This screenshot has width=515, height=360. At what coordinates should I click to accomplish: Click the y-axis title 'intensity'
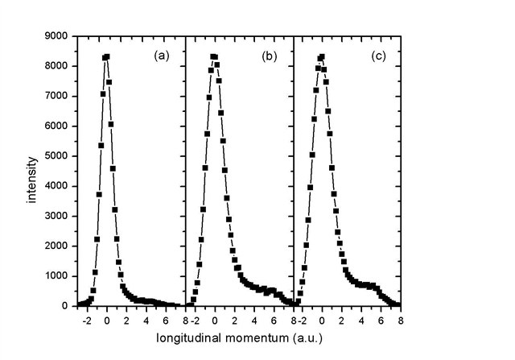pos(33,172)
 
